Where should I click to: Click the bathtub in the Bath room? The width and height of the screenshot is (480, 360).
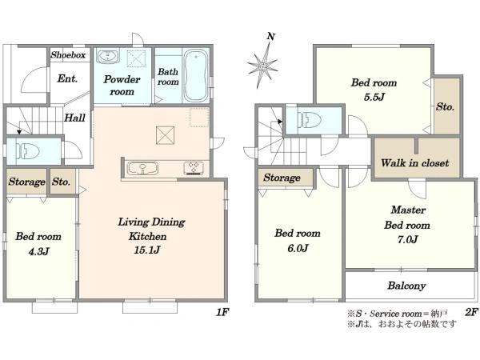tap(196, 75)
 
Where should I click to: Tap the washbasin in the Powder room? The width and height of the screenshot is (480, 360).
tap(107, 57)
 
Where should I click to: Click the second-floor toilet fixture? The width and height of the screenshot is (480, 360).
tap(310, 119)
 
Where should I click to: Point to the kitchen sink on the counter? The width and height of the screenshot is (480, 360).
tap(142, 169)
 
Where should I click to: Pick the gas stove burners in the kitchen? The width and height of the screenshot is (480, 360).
tap(194, 168)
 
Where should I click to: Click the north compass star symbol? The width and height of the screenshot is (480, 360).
tap(263, 66)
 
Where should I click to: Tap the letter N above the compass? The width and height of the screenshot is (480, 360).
tap(271, 37)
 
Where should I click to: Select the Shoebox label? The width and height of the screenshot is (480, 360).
tap(68, 55)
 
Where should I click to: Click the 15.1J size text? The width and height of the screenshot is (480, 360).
tap(147, 250)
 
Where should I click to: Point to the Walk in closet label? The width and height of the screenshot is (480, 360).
tap(414, 163)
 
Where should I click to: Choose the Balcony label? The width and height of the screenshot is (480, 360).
tap(406, 286)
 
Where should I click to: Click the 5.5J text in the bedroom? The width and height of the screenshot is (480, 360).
tap(374, 98)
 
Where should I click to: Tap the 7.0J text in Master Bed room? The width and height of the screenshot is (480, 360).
tap(407, 239)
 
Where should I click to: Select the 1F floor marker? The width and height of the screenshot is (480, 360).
tap(222, 312)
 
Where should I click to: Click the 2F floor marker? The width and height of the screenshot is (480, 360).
tap(471, 312)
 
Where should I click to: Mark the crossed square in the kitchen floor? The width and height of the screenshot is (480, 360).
tap(165, 135)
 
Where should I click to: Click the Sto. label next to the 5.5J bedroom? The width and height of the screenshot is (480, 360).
tap(445, 107)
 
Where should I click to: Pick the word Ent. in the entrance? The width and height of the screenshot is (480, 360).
tap(67, 78)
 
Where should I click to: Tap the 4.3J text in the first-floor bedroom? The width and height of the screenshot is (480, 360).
tap(38, 252)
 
